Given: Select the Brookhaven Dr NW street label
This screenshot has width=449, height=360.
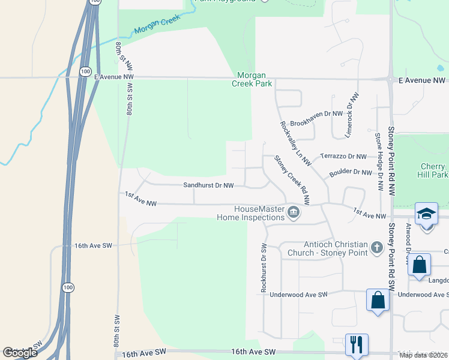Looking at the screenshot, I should click(316, 113).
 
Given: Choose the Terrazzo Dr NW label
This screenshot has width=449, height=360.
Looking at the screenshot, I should click(343, 156).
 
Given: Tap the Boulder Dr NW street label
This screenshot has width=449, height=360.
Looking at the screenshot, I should click(351, 173).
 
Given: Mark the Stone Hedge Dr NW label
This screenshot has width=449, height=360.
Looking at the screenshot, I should click(379, 162).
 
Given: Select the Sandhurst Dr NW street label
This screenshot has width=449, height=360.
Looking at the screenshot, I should click(208, 186).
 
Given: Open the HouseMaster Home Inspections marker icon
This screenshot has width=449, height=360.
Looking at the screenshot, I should click(294, 212).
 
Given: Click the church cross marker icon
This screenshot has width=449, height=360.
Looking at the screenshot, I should click(376, 247).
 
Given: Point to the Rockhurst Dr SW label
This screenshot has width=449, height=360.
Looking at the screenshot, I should click(264, 268).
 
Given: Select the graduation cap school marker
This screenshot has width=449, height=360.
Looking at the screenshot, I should click(426, 214).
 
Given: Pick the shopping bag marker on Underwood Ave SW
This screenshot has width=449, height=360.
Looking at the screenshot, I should click(378, 299).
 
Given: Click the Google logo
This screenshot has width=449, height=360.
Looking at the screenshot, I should click(20, 353).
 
